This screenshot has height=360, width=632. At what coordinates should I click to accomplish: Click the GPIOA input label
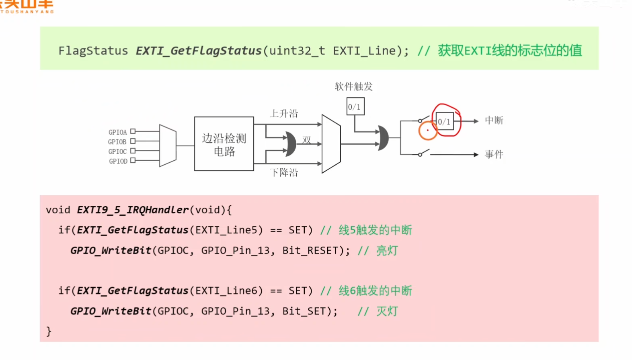tap(117, 132)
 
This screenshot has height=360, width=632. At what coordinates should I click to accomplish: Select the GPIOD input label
tap(118, 161)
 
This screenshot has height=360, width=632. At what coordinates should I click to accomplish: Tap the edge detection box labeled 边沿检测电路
tap(224, 144)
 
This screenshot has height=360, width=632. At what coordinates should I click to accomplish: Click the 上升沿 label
tap(284, 114)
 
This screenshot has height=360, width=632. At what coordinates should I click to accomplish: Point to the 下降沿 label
tap(284, 173)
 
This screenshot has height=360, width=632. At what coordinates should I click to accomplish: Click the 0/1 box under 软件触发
tap(355, 106)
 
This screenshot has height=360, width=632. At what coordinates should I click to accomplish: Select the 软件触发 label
tap(354, 86)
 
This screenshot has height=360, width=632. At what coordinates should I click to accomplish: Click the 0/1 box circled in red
tap(445, 121)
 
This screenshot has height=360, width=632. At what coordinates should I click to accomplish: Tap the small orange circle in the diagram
tap(428, 131)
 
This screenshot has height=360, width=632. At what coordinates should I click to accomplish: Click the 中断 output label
tap(494, 121)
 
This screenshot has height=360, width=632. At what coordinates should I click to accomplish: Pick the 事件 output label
tap(494, 154)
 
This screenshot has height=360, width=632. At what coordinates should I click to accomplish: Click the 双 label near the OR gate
tap(307, 140)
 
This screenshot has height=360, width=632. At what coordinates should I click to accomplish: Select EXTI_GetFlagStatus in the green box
tap(199, 51)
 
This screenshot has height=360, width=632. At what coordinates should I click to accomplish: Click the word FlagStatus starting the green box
tap(93, 51)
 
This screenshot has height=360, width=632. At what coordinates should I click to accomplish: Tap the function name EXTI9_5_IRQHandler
tap(133, 210)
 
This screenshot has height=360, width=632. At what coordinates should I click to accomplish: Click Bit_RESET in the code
tap(310, 251)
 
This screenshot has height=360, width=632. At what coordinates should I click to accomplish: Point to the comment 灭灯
tap(387, 311)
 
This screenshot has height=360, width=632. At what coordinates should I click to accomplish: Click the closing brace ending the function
tap(49, 331)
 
